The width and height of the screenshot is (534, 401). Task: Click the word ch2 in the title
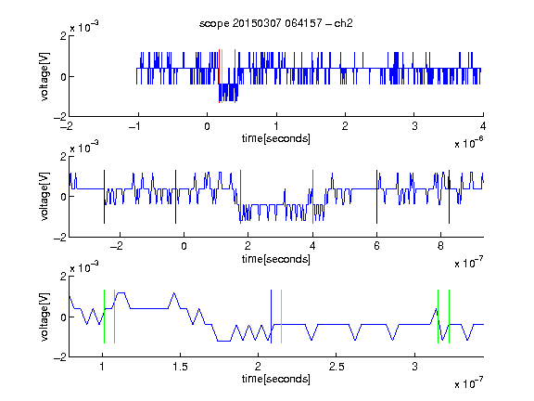click(x=343, y=23)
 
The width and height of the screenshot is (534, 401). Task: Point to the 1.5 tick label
click(x=180, y=367)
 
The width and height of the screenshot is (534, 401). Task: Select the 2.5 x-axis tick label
click(x=337, y=367)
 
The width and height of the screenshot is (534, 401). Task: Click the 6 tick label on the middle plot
click(x=376, y=246)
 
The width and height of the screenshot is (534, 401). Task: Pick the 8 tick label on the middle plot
click(x=440, y=246)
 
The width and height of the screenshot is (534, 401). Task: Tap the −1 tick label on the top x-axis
click(x=134, y=126)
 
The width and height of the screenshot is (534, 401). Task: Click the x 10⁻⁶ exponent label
click(x=468, y=143)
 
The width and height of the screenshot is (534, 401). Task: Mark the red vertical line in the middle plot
click(x=240, y=197)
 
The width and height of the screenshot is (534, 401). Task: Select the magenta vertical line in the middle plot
click(x=312, y=197)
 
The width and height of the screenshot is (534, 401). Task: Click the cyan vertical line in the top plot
click(x=222, y=76)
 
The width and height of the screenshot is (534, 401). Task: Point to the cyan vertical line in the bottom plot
click(x=281, y=317)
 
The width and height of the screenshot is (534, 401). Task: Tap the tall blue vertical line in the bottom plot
click(x=271, y=317)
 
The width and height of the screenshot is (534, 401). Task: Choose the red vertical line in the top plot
click(x=220, y=76)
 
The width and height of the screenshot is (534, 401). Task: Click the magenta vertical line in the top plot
click(x=235, y=76)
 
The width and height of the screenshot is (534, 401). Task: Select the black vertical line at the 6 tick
click(x=376, y=197)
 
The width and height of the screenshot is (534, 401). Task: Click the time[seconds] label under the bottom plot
click(x=276, y=379)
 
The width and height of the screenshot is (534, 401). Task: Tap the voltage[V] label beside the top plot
click(x=44, y=76)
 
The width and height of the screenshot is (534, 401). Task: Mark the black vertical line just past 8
click(x=449, y=197)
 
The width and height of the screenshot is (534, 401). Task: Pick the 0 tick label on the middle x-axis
click(x=184, y=246)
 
